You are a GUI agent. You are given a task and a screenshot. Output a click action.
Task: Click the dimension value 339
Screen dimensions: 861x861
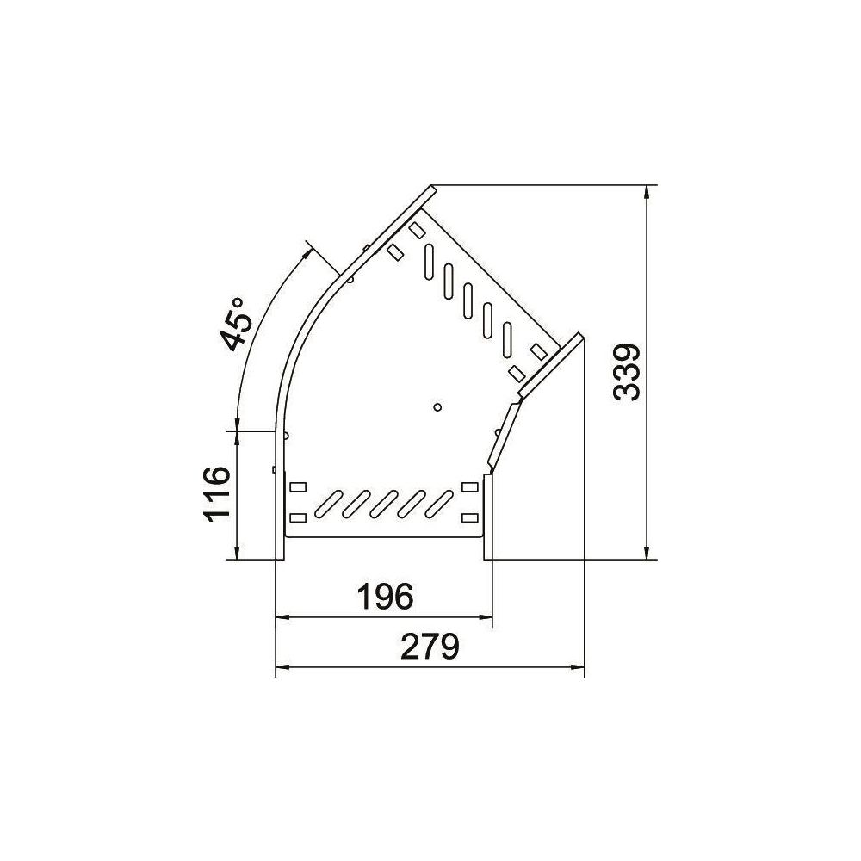tap(627, 373)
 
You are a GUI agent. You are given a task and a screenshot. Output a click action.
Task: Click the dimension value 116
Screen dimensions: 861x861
tap(217, 494)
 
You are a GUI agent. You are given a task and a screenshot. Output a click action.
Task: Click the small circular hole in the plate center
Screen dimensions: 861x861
tap(437, 407)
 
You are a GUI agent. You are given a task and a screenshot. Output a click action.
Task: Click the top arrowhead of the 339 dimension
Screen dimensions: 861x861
tap(648, 192)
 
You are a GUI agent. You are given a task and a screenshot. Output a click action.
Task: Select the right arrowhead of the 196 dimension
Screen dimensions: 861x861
tap(486, 617)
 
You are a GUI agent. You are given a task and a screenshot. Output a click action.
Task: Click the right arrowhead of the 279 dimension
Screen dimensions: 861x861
tap(577, 668)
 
